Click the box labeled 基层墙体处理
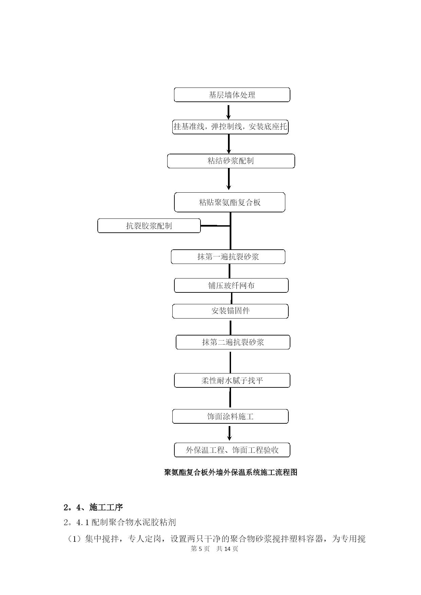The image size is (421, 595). [232, 95]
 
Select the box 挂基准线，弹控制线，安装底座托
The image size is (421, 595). [230, 127]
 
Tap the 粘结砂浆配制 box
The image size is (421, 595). [231, 161]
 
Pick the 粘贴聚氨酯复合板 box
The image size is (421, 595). [230, 203]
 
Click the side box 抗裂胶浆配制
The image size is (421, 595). [149, 226]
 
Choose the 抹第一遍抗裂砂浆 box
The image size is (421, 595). [228, 257]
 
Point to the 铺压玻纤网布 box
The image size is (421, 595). [231, 285]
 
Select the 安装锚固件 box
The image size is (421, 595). [230, 311]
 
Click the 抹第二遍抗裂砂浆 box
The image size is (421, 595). [233, 342]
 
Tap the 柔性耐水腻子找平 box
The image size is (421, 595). [232, 380]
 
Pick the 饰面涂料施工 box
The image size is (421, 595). [230, 416]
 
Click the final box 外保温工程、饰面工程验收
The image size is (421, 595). [232, 450]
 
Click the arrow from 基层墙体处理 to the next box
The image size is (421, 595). [229, 112]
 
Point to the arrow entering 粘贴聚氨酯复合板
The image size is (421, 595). [229, 179]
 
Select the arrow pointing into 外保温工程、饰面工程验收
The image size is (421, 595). [230, 433]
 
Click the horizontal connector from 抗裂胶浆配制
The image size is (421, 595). [215, 226]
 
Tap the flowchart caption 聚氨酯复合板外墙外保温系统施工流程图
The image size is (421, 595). [231, 472]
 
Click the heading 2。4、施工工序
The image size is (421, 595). [93, 507]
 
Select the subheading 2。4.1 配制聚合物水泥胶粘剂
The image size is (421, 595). [120, 522]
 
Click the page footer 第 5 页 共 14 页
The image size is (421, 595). [214, 549]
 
